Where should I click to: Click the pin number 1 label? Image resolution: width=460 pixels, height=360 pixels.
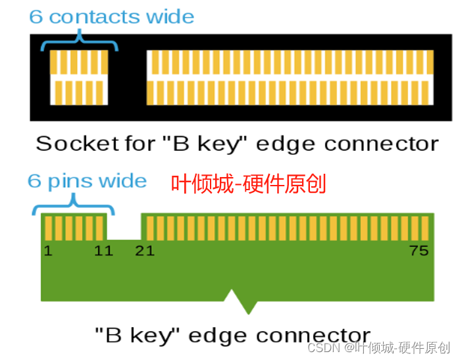(48, 251)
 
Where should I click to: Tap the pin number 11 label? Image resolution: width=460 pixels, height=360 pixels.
(103, 251)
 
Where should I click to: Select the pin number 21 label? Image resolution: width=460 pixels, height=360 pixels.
(145, 251)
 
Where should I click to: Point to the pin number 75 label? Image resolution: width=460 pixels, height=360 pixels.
(419, 251)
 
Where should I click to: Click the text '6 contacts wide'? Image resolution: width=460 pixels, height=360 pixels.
(112, 16)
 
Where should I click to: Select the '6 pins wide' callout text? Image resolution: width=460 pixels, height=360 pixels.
(87, 180)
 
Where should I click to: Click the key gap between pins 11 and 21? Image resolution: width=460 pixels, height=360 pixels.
(124, 227)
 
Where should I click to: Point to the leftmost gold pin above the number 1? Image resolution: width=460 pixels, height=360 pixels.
(48, 228)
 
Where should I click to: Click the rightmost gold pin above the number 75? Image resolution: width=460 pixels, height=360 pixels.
(425, 228)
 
